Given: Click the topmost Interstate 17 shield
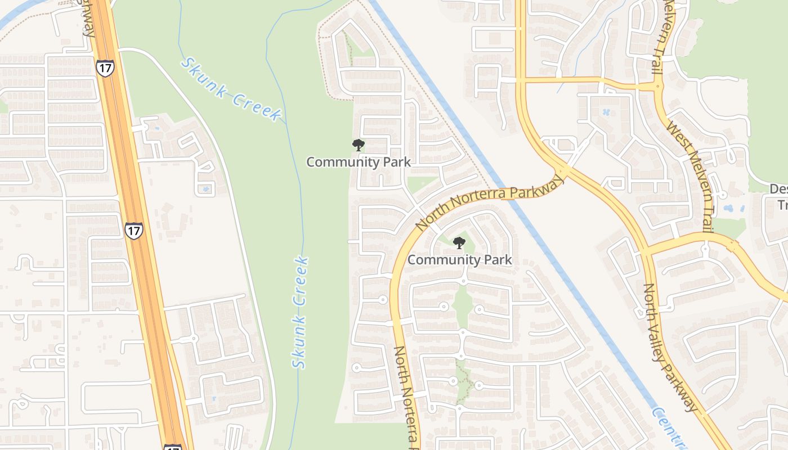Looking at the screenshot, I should [105, 67].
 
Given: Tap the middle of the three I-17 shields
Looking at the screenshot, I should [133, 231].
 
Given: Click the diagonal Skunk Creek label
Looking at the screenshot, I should [230, 89].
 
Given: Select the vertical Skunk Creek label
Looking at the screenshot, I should [301, 312].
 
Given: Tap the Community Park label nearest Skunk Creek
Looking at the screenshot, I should [359, 162].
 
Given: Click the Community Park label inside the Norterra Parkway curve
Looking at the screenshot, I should [460, 260].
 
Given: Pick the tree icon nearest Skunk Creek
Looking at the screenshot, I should [358, 145].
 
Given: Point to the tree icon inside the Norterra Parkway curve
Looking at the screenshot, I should [459, 243].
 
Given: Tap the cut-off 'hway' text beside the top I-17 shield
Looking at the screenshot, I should [89, 20].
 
